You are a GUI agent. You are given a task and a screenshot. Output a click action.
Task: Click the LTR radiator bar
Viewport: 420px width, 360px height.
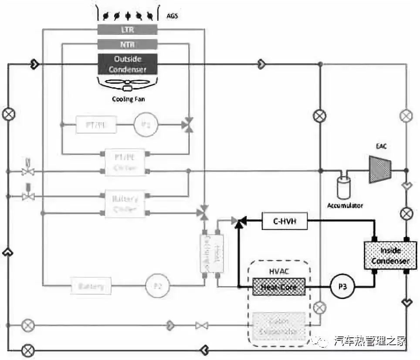click(127, 30)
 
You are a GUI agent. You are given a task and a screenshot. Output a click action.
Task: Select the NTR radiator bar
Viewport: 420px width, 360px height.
click(127, 44)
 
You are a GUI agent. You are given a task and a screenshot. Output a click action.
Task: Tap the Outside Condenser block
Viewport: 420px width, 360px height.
click(128, 64)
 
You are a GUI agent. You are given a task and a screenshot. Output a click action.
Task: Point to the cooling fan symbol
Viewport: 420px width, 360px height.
click(127, 85)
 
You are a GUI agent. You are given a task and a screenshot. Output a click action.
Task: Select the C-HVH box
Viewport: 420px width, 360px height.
click(285, 221)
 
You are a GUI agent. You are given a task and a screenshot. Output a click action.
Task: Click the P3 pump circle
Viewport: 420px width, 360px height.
click(342, 286)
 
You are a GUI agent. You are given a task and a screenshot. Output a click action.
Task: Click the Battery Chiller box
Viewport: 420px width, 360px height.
click(125, 204)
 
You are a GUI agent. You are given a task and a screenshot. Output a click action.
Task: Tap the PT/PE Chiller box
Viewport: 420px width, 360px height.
click(125, 163)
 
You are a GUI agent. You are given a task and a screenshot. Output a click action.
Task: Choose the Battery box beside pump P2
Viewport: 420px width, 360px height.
click(91, 286)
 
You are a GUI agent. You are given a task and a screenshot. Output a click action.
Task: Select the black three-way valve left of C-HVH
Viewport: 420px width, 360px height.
click(239, 221)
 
